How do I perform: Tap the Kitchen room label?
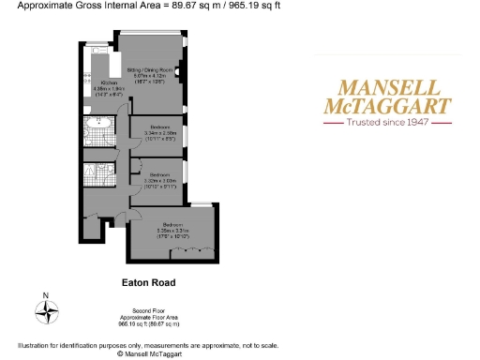click(109, 83)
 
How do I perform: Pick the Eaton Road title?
click(148, 281)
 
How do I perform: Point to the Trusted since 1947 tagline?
click(387, 123)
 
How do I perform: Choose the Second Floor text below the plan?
click(148, 309)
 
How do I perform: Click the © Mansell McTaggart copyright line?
click(148, 353)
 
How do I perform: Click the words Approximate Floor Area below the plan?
click(148, 317)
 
